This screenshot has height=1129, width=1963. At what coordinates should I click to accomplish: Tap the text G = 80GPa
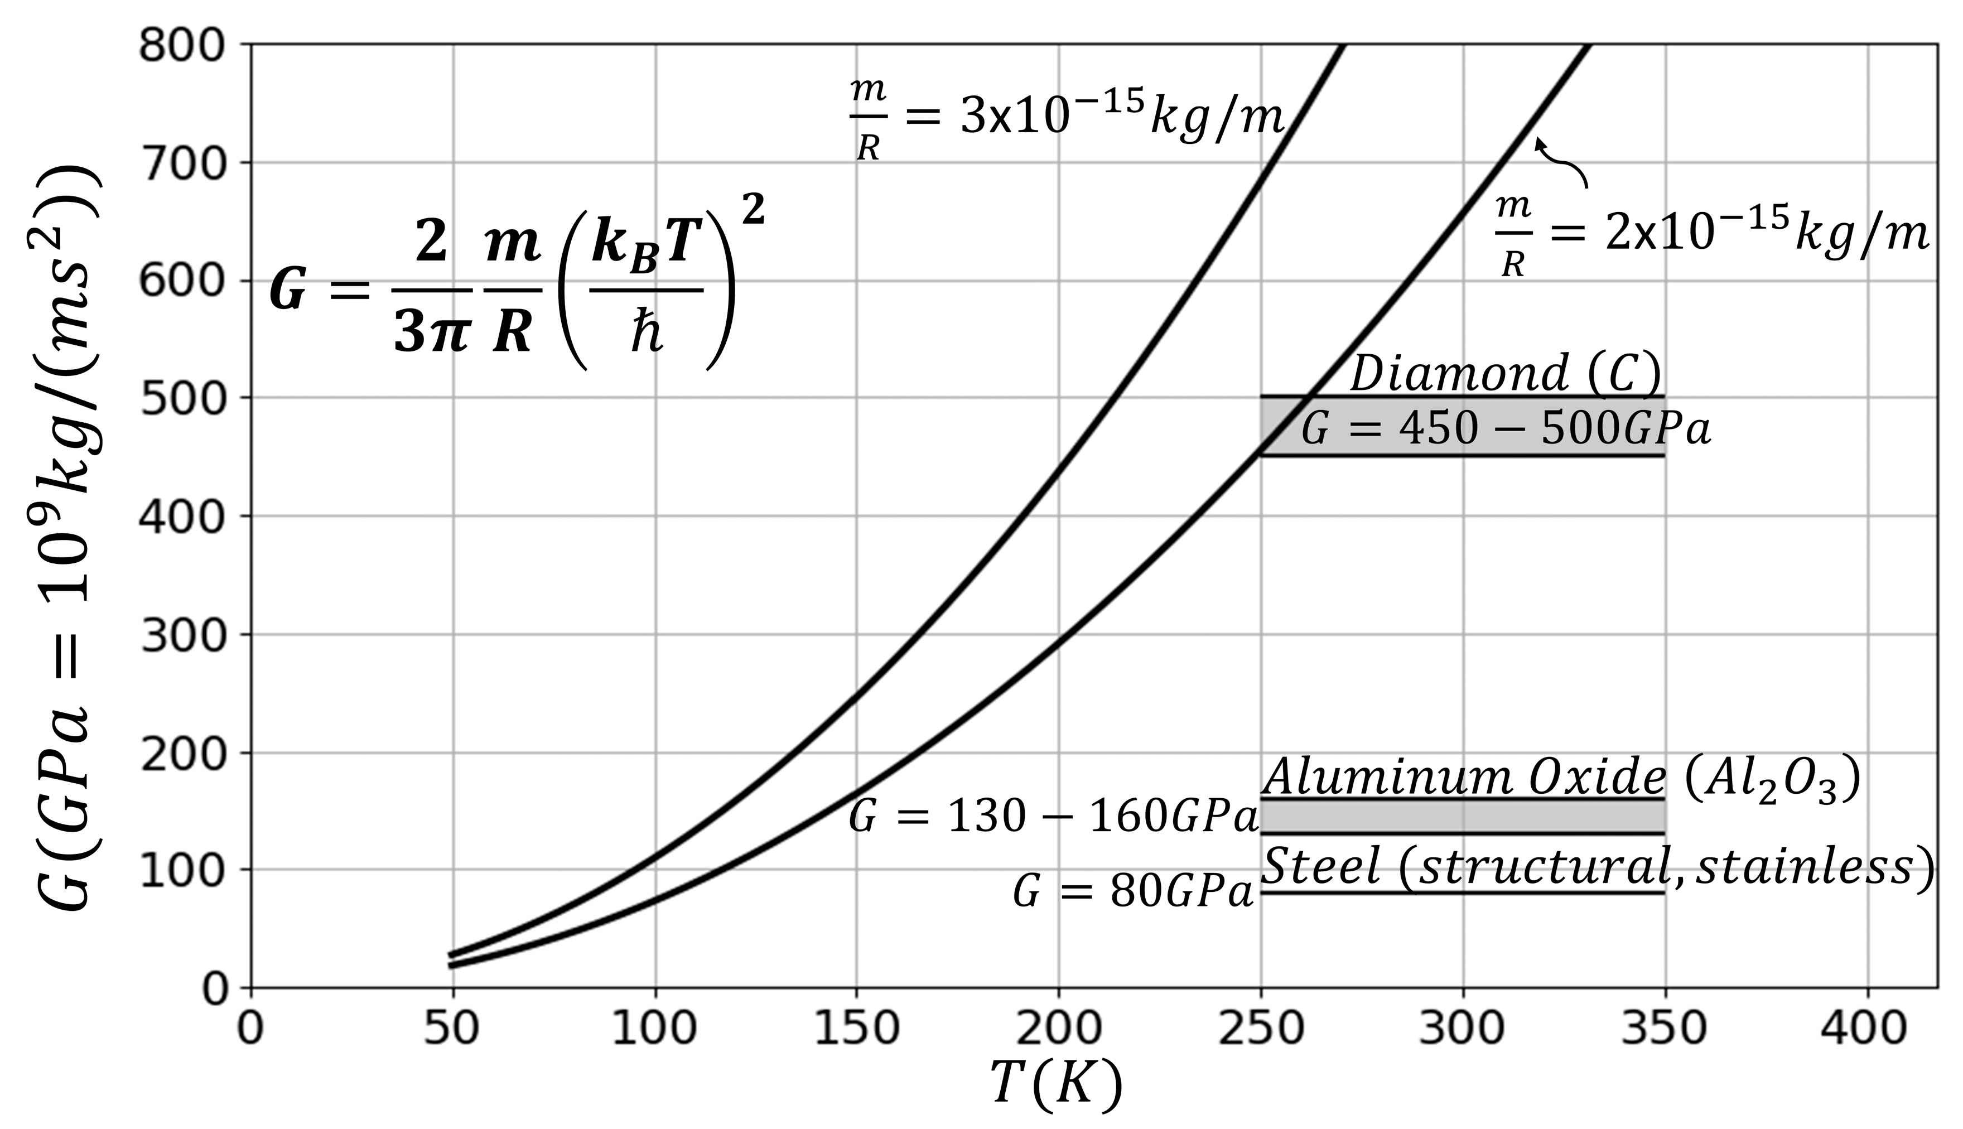click(1134, 893)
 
